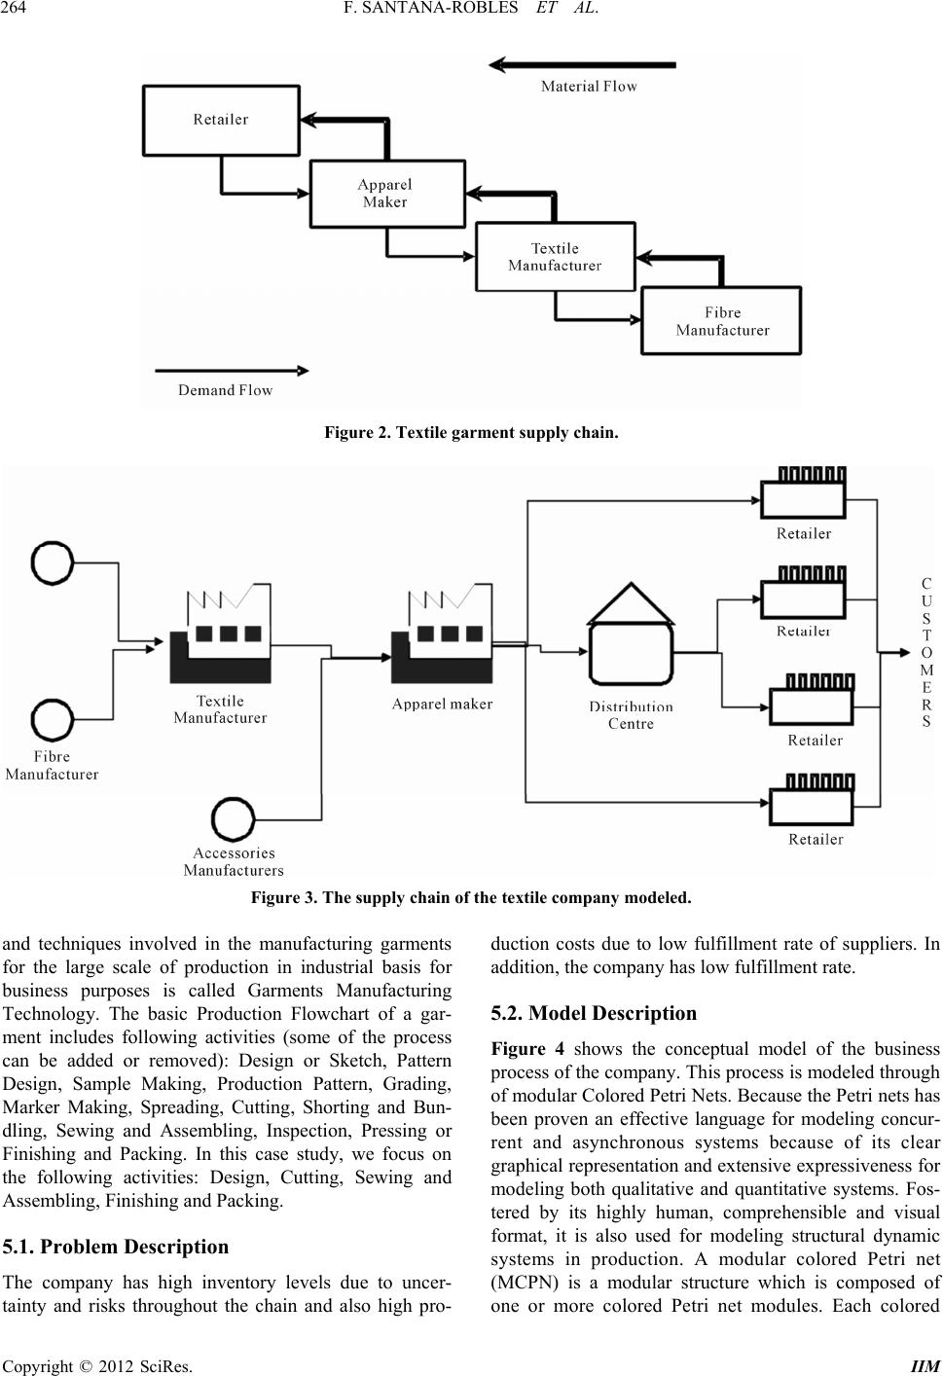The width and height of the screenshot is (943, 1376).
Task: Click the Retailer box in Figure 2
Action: [221, 120]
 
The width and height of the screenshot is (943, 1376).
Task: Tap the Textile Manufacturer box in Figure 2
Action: [555, 257]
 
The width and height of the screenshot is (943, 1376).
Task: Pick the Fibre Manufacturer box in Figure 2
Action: [722, 321]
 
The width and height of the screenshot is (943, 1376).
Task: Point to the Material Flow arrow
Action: [582, 65]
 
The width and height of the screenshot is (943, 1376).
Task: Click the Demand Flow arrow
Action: [231, 371]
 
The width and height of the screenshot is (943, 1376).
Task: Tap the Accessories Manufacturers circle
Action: [234, 819]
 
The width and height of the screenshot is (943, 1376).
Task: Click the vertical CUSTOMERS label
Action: [925, 652]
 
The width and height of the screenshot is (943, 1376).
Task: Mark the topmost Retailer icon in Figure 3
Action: [803, 492]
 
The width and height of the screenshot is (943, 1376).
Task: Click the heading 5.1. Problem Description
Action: [116, 1247]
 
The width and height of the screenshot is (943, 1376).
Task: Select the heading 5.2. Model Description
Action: [594, 1013]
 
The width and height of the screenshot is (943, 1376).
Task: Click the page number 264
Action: [18, 11]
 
